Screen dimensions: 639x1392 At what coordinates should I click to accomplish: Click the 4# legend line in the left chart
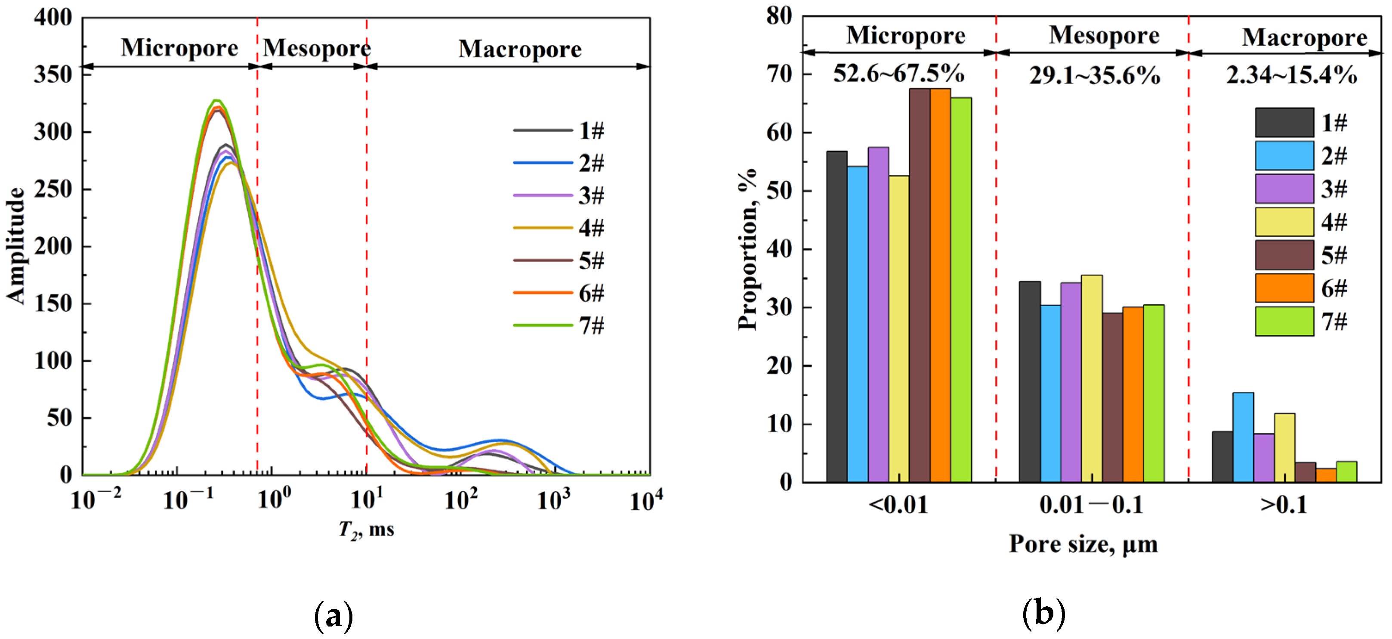pos(542,228)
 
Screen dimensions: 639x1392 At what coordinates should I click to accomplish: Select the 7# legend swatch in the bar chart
pos(1284,322)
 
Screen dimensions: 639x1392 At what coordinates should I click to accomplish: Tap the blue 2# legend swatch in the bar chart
pos(1284,156)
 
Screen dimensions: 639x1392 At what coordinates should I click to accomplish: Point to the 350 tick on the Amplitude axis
pos(52,74)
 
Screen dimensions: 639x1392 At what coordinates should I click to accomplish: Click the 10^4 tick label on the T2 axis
pos(646,500)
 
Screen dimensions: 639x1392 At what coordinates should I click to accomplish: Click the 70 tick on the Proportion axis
pos(779,74)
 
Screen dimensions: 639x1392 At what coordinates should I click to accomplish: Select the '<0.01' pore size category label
pos(898,505)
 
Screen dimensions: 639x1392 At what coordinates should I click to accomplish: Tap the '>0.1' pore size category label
pos(1284,505)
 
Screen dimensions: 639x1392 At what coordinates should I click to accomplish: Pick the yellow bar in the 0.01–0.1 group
pos(1092,378)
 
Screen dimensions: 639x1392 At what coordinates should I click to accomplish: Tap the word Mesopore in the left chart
pos(317,48)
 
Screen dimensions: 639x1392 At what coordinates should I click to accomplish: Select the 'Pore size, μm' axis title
pos(1083,544)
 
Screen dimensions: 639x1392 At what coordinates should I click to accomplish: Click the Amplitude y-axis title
pos(16,246)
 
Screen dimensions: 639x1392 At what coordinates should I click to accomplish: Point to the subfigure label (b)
pos(1043,614)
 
